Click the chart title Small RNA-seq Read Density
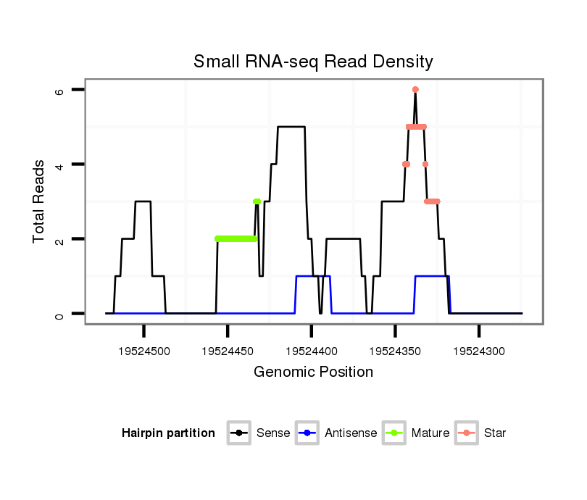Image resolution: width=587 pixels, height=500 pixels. click(x=313, y=62)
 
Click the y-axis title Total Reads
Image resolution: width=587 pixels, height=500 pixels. click(x=40, y=201)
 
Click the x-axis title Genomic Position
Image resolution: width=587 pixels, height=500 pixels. click(x=313, y=372)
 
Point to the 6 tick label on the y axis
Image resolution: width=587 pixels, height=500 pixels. click(x=60, y=90)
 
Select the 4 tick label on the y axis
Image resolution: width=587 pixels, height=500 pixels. click(x=60, y=164)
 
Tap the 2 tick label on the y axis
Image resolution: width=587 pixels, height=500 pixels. click(x=60, y=239)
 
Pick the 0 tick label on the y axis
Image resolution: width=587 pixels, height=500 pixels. click(x=60, y=314)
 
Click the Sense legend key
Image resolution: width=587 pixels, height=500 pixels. click(x=238, y=433)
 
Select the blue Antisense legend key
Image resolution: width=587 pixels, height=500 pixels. click(x=307, y=433)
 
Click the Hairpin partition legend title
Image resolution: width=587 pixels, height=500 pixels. click(x=169, y=433)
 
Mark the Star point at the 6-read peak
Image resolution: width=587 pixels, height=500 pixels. click(x=415, y=90)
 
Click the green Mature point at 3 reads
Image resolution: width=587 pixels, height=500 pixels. click(x=257, y=201)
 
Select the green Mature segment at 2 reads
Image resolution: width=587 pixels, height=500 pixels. click(x=236, y=238)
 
